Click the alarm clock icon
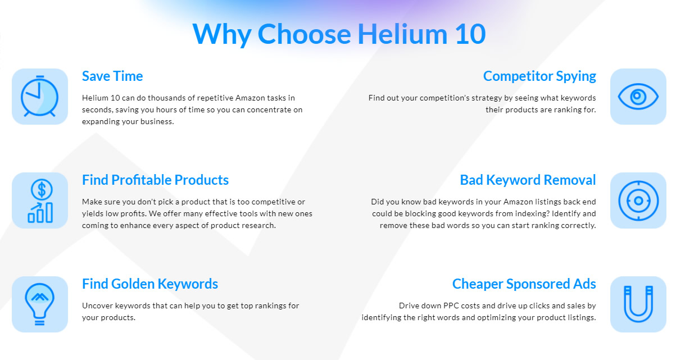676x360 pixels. click(39, 96)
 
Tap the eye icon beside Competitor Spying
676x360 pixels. click(638, 97)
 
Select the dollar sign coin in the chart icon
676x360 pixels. click(42, 190)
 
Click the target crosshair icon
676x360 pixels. click(638, 200)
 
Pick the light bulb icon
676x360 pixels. click(39, 304)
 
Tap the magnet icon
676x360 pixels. click(638, 304)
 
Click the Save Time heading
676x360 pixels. click(112, 76)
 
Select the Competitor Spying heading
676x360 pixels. click(539, 76)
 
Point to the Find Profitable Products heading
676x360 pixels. click(155, 180)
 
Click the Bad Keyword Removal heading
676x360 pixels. click(528, 180)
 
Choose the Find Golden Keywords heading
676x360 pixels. click(149, 284)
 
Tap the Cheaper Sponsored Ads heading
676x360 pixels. click(524, 284)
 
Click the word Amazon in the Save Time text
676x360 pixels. click(250, 98)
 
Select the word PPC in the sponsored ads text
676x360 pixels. click(451, 306)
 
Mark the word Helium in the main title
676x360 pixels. click(402, 34)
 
